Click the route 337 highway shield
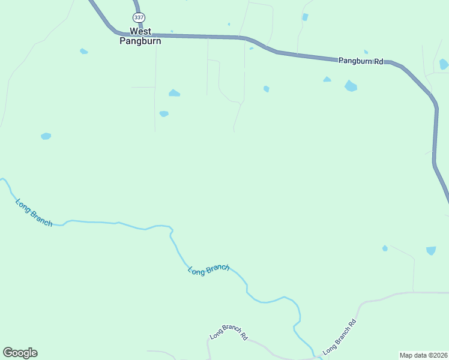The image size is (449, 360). (x=139, y=17)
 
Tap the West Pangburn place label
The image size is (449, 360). (x=140, y=37)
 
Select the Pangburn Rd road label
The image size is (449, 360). (x=360, y=61)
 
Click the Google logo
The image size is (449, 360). (x=20, y=353)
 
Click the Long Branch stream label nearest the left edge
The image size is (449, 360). (x=34, y=212)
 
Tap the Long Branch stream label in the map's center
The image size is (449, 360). (x=208, y=270)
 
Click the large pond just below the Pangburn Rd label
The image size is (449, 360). (x=351, y=86)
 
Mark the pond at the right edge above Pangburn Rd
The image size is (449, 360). (x=444, y=64)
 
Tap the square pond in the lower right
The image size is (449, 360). (x=431, y=250)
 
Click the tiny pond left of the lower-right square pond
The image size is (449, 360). (x=385, y=248)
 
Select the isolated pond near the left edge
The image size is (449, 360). (x=46, y=136)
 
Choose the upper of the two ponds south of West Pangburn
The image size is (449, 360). (x=174, y=93)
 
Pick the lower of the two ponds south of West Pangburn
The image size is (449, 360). (x=164, y=113)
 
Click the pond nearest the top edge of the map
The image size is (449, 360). (x=305, y=17)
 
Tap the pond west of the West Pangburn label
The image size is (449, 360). (x=83, y=52)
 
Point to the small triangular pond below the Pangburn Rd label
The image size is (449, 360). (x=327, y=79)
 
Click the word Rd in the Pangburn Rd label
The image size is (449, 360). (x=378, y=61)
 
